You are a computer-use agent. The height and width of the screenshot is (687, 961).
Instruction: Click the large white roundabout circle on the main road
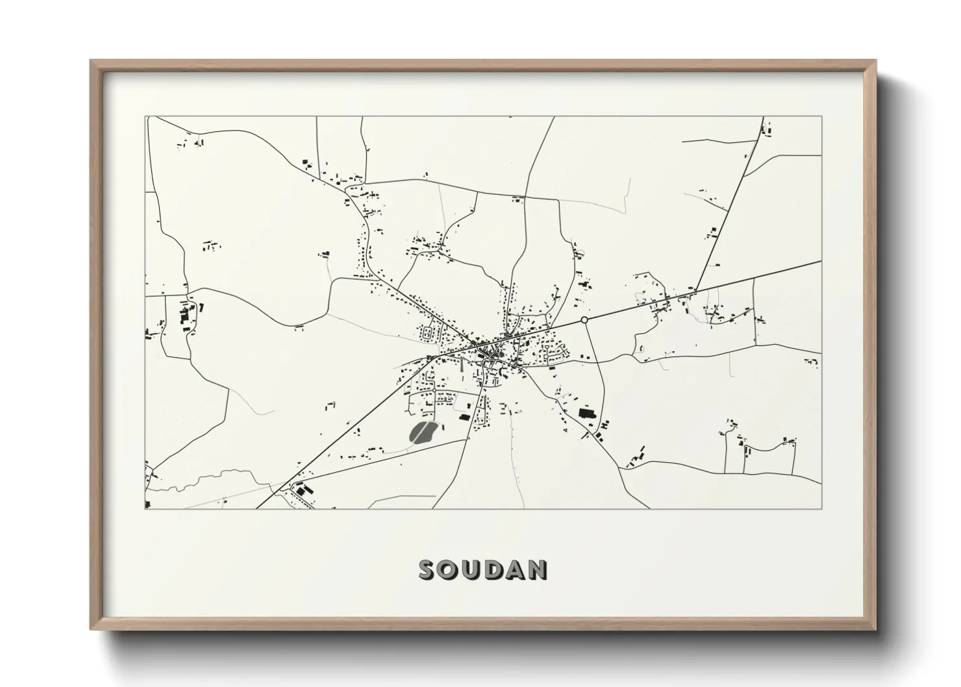[584, 320]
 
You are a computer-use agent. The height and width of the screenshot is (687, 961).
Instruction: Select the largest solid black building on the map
[587, 412]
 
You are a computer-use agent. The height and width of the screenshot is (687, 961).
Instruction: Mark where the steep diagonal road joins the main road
[695, 290]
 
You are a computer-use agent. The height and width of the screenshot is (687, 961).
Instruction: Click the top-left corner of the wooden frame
[91, 61]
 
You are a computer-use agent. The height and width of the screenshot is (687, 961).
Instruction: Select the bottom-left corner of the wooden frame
[91, 629]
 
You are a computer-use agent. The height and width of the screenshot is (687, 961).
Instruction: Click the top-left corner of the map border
[145, 117]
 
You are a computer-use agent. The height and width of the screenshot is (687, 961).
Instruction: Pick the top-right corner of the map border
[822, 117]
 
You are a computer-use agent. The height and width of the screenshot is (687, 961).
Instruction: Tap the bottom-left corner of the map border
[145, 508]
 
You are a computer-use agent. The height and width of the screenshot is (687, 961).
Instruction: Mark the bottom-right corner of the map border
[822, 508]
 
